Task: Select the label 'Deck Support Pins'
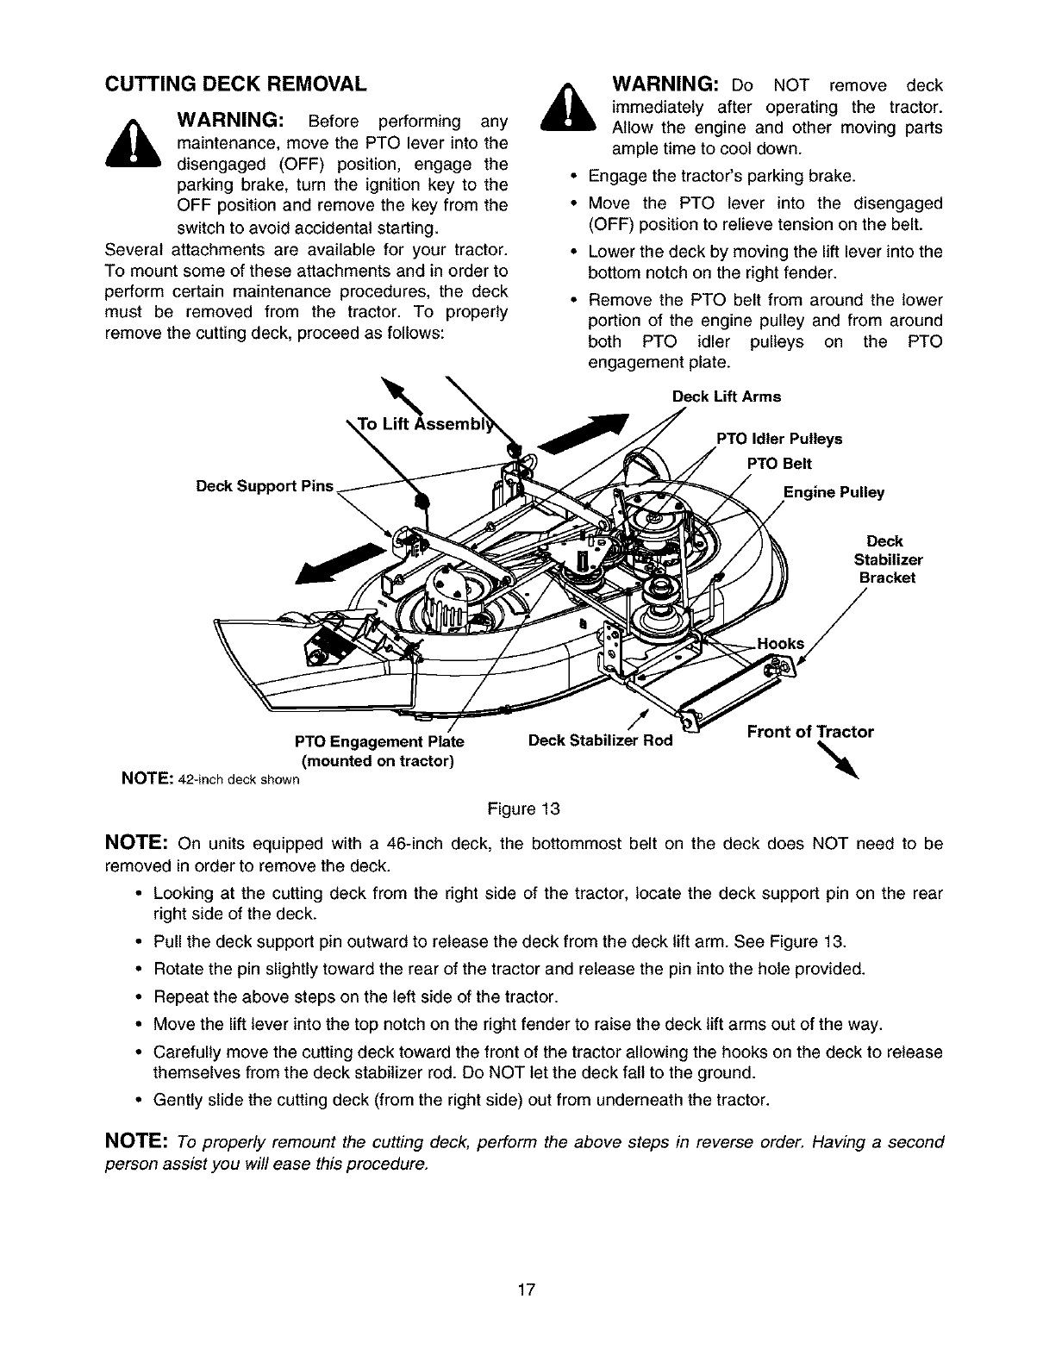pos(264,485)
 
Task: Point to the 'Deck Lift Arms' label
pos(726,397)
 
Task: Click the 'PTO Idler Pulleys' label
pos(779,439)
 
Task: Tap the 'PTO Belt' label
pos(778,464)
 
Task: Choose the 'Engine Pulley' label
pos(833,492)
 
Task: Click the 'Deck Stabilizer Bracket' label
pos(884,559)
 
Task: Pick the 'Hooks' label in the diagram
pos(779,643)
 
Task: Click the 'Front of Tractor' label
pos(809,732)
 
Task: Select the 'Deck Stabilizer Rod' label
pos(600,740)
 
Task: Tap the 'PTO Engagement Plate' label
pos(378,742)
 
